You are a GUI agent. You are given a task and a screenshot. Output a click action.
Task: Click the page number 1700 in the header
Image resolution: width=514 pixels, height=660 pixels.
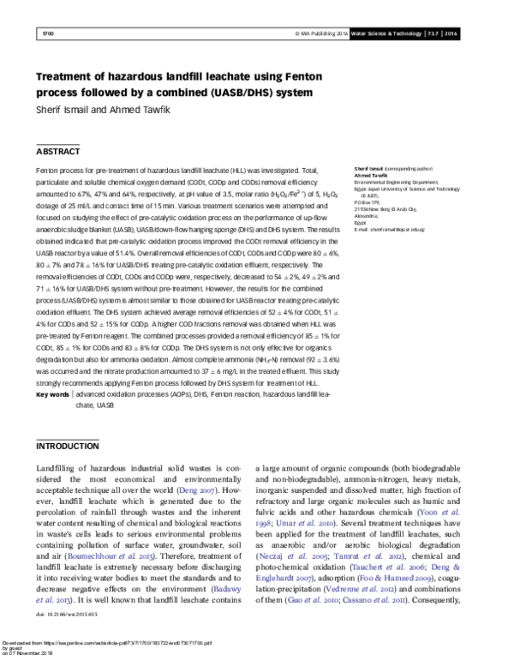point(48,33)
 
